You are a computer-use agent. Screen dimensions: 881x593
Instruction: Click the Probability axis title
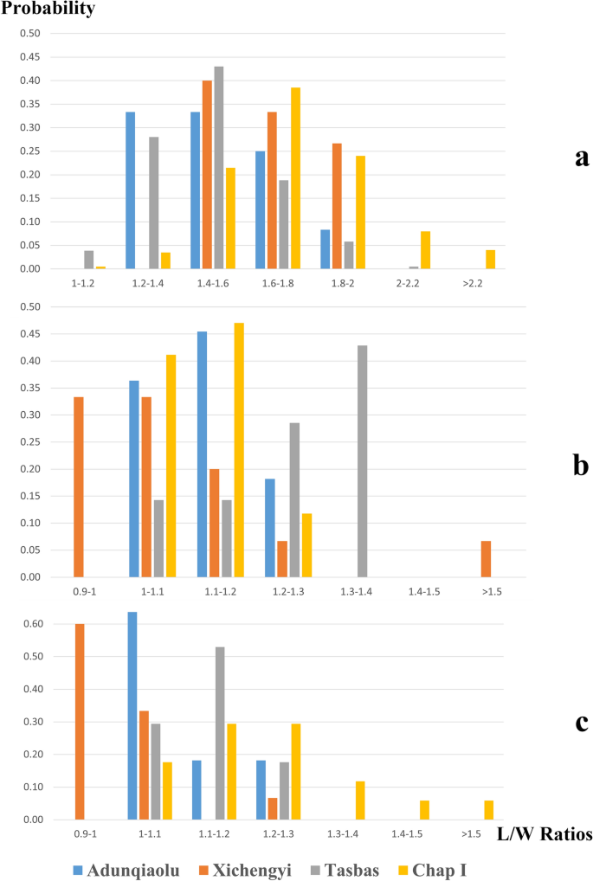48,10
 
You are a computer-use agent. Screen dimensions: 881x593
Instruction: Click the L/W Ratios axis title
545,835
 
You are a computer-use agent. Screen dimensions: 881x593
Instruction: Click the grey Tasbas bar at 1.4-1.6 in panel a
218,168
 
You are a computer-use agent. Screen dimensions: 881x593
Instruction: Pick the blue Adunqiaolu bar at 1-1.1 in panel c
132,716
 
